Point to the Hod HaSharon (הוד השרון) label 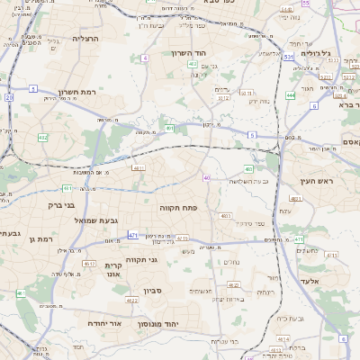click(191, 53)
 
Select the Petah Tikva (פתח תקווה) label click(178, 208)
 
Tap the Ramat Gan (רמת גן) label click(42, 238)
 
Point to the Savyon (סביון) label click(151, 292)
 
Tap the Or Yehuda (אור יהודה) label click(104, 321)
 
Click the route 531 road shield click(288, 57)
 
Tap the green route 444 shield click(291, 94)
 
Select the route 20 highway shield click(8, 96)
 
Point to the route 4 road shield click(145, 58)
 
